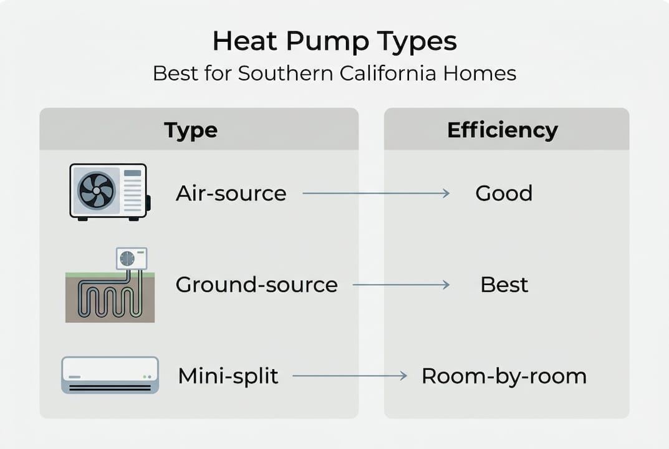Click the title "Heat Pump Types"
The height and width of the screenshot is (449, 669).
point(334,42)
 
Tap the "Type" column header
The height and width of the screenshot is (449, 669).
point(191,130)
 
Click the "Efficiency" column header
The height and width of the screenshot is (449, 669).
point(502,130)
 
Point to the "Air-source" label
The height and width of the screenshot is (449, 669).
point(231,193)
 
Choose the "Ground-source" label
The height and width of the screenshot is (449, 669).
point(256,285)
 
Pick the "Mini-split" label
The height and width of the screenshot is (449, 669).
point(228,376)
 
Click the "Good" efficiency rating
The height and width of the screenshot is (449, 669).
point(504,193)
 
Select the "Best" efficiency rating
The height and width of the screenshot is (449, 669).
point(504,285)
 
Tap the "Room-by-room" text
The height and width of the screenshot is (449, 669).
point(504,376)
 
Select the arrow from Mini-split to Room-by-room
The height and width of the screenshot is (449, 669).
point(349,376)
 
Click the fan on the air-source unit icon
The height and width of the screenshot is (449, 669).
point(96,190)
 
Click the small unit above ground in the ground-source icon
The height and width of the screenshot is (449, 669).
point(132,258)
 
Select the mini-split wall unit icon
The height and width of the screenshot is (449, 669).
point(110,375)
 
